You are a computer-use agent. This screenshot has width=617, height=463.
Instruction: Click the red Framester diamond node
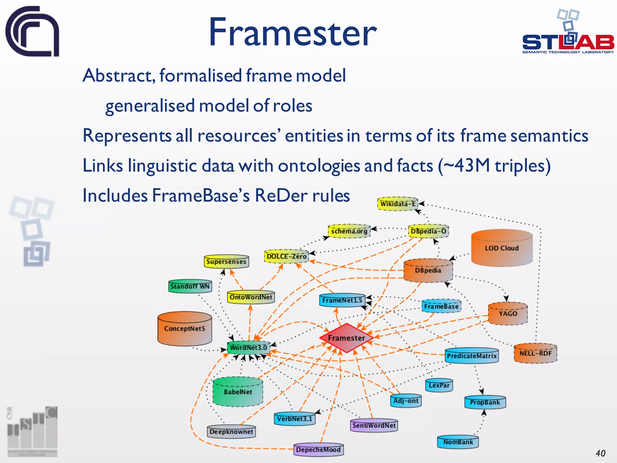pyautogui.click(x=346, y=338)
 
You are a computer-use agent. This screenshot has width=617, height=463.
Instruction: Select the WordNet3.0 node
pyautogui.click(x=248, y=348)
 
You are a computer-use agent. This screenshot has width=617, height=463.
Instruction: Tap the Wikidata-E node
pyautogui.click(x=398, y=204)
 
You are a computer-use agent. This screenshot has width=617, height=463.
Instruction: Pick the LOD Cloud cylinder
pyautogui.click(x=502, y=248)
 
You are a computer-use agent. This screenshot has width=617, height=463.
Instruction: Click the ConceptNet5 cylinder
pyautogui.click(x=184, y=329)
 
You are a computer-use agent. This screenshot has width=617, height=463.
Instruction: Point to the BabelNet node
pyautogui.click(x=238, y=392)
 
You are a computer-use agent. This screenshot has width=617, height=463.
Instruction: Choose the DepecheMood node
pyautogui.click(x=318, y=450)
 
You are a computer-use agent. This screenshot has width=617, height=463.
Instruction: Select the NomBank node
pyautogui.click(x=458, y=442)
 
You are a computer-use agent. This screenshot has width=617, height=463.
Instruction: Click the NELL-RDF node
pyautogui.click(x=535, y=353)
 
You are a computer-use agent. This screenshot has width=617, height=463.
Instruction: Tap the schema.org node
pyautogui.click(x=349, y=231)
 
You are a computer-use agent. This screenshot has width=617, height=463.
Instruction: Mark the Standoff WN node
pyautogui.click(x=190, y=286)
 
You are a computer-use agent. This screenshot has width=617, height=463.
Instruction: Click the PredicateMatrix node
pyautogui.click(x=471, y=356)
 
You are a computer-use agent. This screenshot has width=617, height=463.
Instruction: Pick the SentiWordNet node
pyautogui.click(x=374, y=425)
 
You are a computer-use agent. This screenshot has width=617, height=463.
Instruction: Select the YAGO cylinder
pyautogui.click(x=508, y=313)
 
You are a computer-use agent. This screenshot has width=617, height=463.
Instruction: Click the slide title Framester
pyautogui.click(x=292, y=33)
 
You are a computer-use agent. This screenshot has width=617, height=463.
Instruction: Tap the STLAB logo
pyautogui.click(x=568, y=36)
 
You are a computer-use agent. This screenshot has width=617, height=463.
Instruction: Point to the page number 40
pyautogui.click(x=600, y=453)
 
